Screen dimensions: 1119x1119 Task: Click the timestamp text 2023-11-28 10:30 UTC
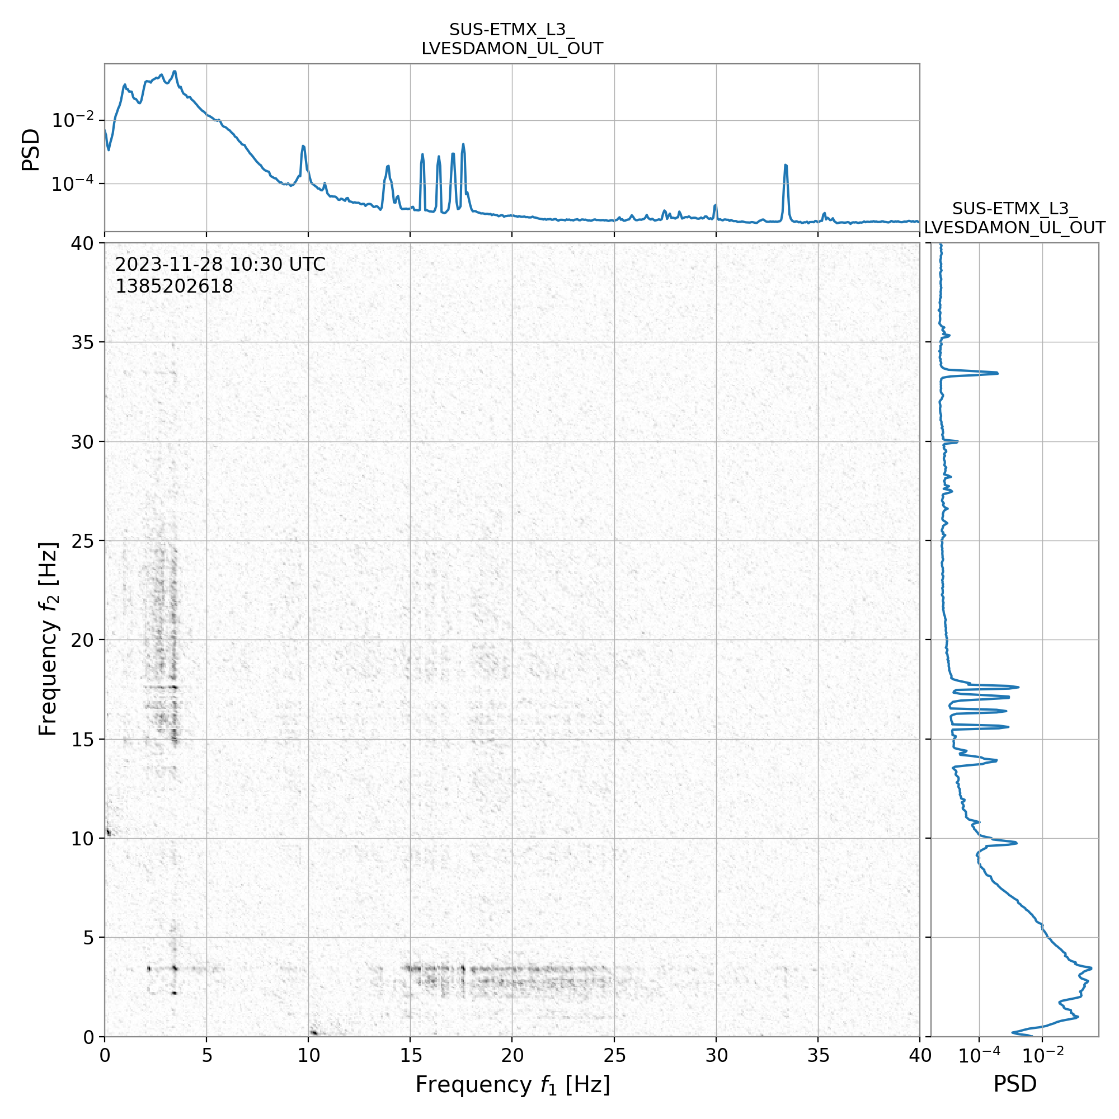pos(220,265)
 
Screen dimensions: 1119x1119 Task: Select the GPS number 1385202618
pos(174,286)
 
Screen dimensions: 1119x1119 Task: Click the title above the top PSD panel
pos(512,39)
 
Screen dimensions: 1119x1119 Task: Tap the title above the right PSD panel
pos(1015,218)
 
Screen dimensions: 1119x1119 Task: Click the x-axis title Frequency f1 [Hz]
pos(512,1084)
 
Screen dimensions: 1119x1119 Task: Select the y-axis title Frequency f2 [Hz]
pos(49,640)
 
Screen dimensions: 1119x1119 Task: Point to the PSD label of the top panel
pos(31,149)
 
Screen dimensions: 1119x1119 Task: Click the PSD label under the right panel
pos(1015,1084)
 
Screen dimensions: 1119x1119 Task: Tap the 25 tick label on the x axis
pos(614,1055)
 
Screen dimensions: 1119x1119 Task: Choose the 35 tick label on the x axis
pos(818,1055)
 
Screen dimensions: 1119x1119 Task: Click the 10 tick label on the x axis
pos(308,1055)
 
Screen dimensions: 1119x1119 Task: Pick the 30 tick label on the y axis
pos(83,442)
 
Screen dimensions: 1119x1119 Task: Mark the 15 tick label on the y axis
pos(83,740)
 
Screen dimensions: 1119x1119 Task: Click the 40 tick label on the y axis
pos(83,244)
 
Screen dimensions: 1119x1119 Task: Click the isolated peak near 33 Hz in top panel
pos(786,166)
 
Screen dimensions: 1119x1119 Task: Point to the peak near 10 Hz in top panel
pos(303,147)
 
